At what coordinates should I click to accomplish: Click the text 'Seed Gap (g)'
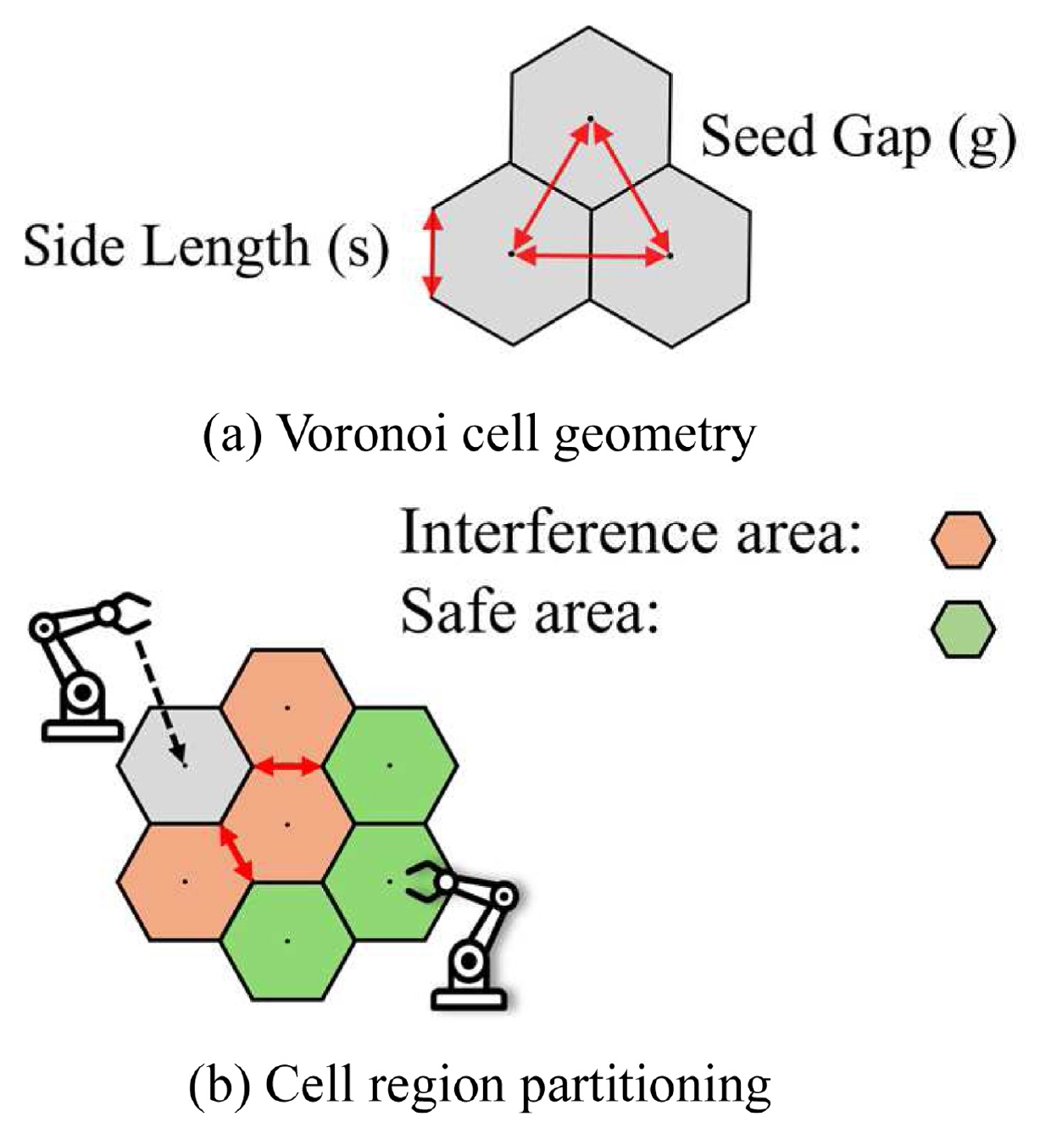(x=859, y=140)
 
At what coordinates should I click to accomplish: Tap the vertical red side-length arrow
(x=433, y=254)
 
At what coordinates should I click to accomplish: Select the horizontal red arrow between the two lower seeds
(x=591, y=257)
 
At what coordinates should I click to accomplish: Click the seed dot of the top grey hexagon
(x=590, y=119)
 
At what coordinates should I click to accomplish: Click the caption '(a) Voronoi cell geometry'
(x=480, y=435)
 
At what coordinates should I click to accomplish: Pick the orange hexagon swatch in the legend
(x=963, y=540)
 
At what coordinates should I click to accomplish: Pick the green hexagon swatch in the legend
(x=963, y=629)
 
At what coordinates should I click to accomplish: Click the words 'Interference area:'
(x=631, y=533)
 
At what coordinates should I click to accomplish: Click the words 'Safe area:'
(x=530, y=612)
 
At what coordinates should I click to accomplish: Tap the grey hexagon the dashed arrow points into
(x=184, y=765)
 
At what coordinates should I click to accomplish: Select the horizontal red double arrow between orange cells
(x=287, y=766)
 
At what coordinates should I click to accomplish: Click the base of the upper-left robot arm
(x=82, y=731)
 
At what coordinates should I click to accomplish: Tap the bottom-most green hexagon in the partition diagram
(x=287, y=941)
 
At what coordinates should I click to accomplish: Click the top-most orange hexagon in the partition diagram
(x=287, y=707)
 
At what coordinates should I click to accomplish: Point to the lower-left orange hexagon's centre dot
(x=185, y=881)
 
